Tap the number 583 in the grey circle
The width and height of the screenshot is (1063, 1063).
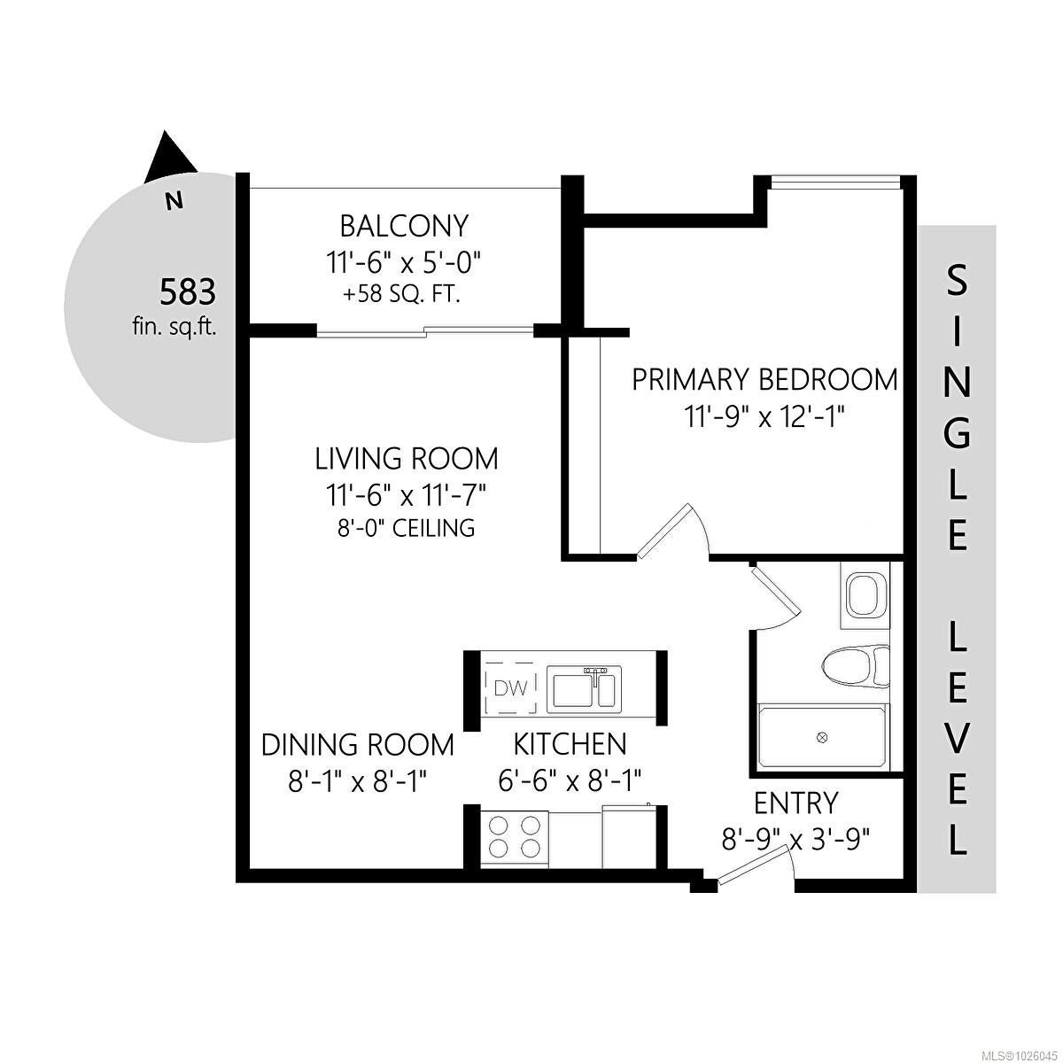(x=188, y=292)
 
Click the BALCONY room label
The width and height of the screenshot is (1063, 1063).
(x=404, y=226)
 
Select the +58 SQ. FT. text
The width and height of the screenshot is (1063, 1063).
(x=401, y=295)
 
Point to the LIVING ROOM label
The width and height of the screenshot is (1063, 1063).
(x=407, y=459)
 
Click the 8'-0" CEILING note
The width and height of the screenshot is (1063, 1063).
(x=406, y=528)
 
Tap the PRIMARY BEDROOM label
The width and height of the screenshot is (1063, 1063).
(x=764, y=380)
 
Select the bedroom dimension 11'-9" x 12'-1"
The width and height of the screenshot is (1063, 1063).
(x=765, y=417)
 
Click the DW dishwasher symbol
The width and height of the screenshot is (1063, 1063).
(x=511, y=688)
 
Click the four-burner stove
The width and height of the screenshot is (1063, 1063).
(x=515, y=841)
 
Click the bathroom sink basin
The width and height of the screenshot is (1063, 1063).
(x=864, y=596)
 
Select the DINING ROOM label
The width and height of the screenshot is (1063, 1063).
(x=358, y=745)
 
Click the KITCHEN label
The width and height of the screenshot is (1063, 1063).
(x=570, y=745)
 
